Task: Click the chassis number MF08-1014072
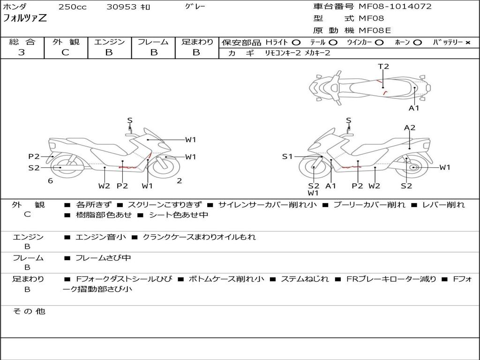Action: (x=395, y=7)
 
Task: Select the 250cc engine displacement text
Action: (x=72, y=7)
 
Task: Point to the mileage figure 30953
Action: (x=121, y=7)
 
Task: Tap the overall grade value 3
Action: (x=22, y=52)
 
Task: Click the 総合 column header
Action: (x=22, y=42)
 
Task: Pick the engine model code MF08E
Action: (x=375, y=31)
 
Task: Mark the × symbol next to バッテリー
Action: (x=468, y=43)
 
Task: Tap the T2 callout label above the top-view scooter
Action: (x=383, y=67)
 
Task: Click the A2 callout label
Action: (x=410, y=127)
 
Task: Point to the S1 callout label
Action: (x=287, y=157)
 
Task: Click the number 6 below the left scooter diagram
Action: (x=50, y=181)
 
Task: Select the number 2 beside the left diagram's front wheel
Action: (x=179, y=181)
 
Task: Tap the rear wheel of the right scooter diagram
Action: (x=413, y=167)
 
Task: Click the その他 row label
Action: (x=28, y=311)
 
